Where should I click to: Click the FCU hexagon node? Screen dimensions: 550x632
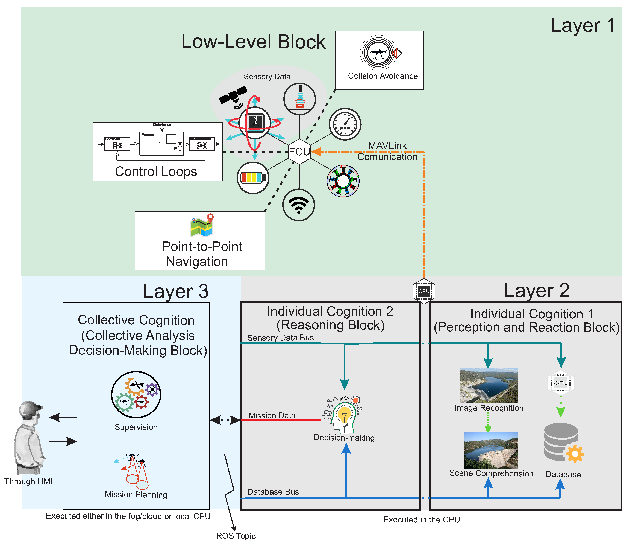[299, 151]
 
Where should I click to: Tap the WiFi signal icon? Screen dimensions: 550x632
[298, 205]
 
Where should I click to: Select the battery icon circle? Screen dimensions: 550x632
[253, 178]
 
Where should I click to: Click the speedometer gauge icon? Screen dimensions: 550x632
[345, 124]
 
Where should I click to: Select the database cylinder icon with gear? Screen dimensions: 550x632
[563, 442]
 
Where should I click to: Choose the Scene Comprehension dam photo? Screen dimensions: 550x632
[490, 450]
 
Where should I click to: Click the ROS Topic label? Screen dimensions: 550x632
[236, 536]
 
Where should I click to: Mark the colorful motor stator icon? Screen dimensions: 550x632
[343, 181]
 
